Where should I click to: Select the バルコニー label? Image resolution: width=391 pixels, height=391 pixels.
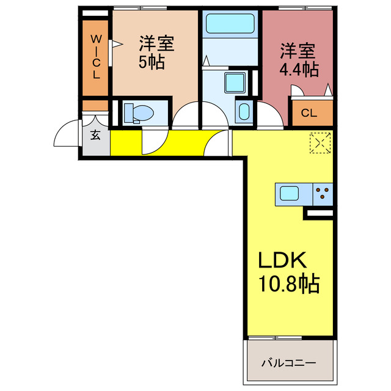pyautogui.click(x=289, y=363)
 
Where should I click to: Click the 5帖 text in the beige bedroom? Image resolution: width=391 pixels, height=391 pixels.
pyautogui.click(x=152, y=62)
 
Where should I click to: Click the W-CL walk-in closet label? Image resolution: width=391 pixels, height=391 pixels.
pyautogui.click(x=96, y=57)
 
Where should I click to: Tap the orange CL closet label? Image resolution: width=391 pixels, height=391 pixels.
pyautogui.click(x=309, y=113)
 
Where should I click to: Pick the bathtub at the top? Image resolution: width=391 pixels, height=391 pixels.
pyautogui.click(x=230, y=24)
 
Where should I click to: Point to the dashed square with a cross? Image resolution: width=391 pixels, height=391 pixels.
pyautogui.click(x=318, y=142)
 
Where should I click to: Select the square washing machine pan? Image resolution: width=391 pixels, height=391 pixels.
pyautogui.click(x=234, y=82)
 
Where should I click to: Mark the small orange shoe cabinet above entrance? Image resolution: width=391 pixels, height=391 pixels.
pyautogui.click(x=95, y=104)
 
